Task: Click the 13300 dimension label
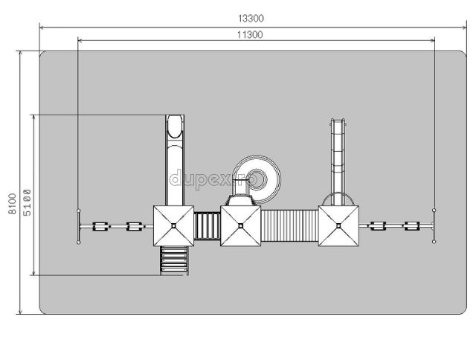[x=251, y=19]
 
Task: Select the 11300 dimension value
[x=250, y=35]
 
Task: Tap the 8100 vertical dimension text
[x=12, y=204]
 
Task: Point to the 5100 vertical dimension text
[x=27, y=202]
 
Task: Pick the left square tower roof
[x=173, y=225]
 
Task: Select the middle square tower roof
[x=240, y=225]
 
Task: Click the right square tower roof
[x=338, y=225]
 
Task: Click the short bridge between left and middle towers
[x=207, y=226]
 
